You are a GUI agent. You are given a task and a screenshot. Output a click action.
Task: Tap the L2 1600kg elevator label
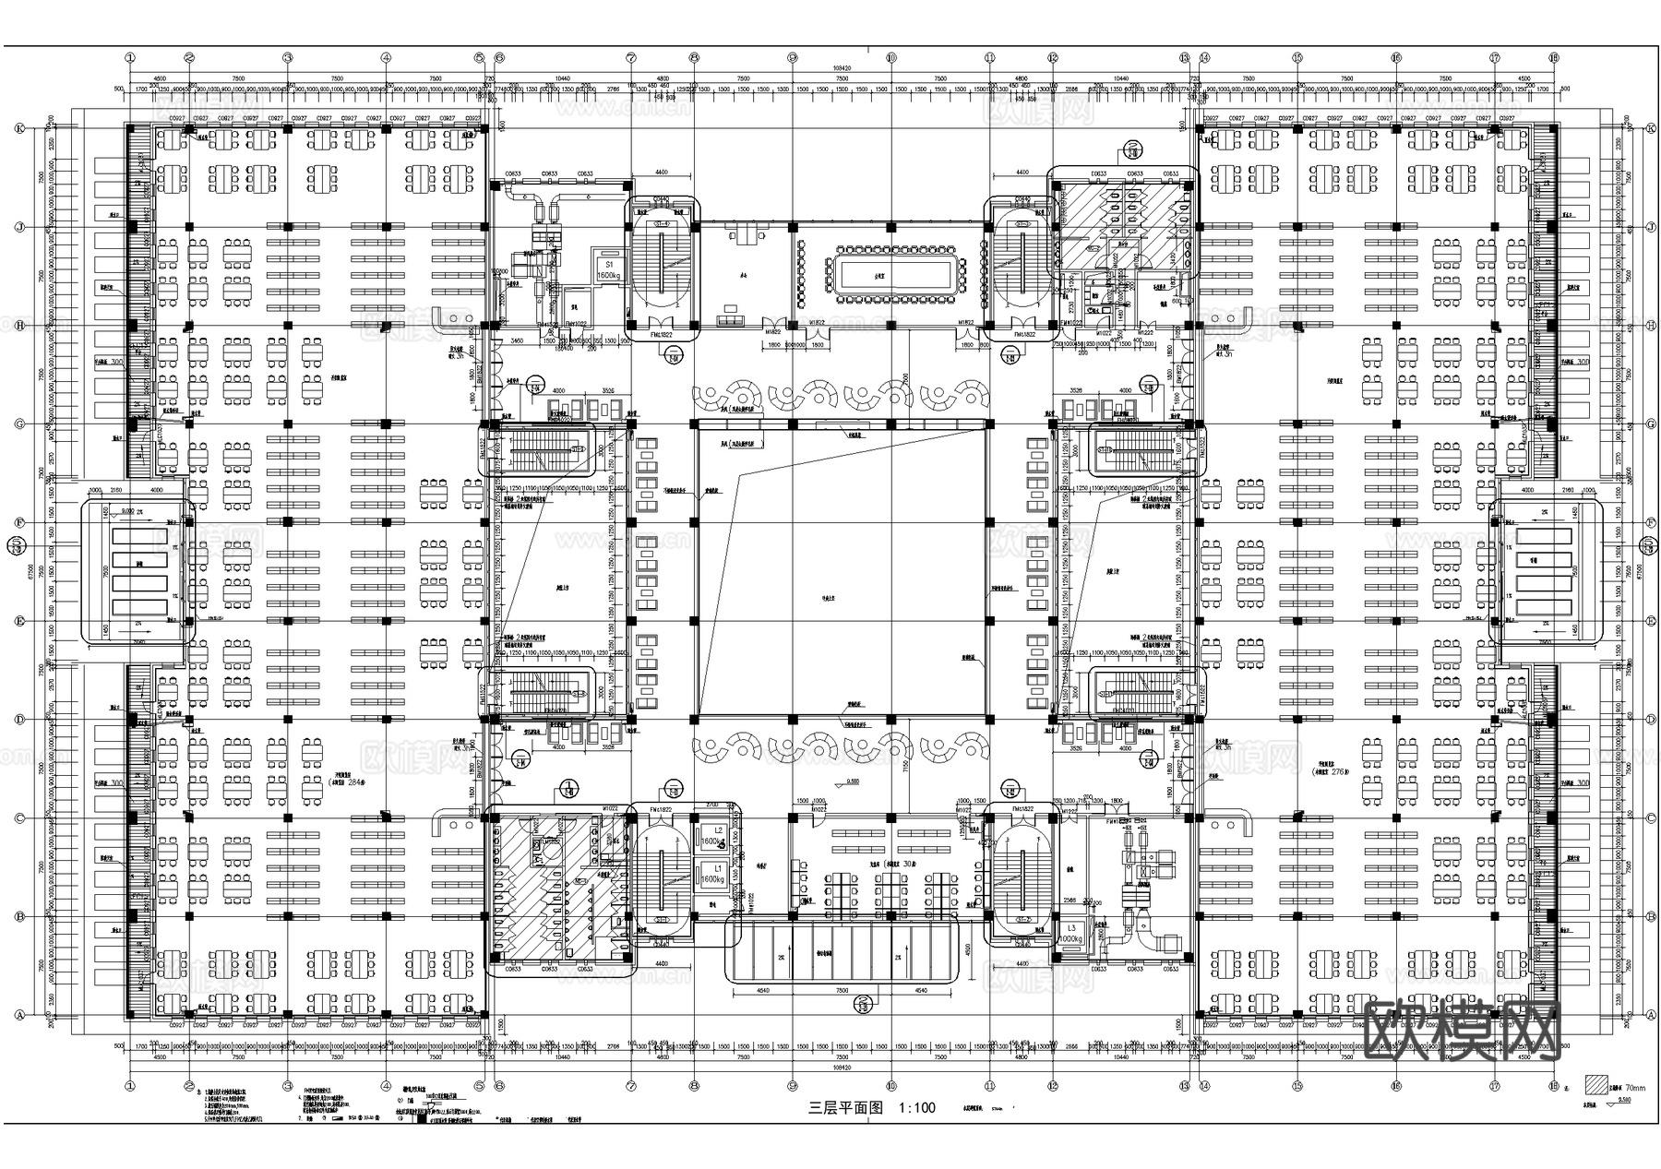(x=711, y=837)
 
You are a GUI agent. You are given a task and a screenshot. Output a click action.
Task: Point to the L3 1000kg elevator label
(x=1070, y=933)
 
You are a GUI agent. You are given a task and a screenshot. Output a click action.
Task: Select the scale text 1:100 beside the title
(x=916, y=1107)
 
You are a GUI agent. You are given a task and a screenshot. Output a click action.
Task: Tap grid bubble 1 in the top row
(x=131, y=57)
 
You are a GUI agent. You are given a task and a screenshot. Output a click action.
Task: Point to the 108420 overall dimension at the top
(x=841, y=68)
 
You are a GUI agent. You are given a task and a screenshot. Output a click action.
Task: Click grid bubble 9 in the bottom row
(x=792, y=1086)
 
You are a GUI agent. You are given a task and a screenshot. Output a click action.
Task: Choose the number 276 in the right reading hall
(x=1344, y=771)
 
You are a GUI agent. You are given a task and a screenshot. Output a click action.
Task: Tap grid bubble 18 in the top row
(x=1554, y=57)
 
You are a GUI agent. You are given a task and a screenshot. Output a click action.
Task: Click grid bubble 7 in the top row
(x=631, y=57)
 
